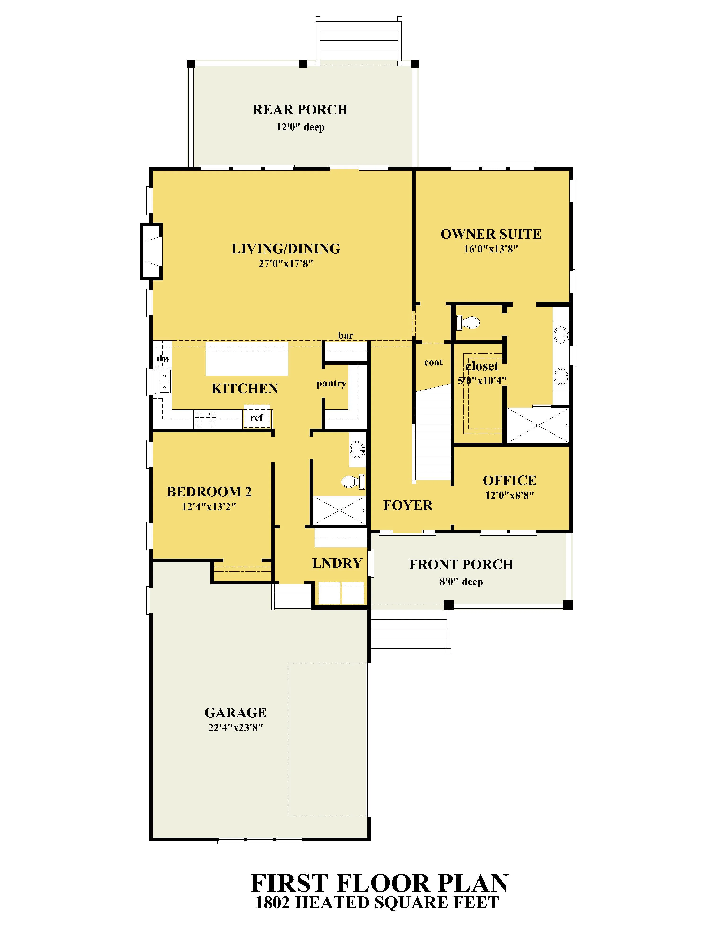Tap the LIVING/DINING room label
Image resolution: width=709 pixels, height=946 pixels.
[286, 249]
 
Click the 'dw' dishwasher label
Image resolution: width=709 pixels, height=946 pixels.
[163, 358]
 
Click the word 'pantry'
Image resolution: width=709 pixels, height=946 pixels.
[331, 384]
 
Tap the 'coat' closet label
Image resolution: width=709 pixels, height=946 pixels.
[433, 362]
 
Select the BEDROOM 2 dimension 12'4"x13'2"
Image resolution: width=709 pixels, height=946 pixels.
[209, 507]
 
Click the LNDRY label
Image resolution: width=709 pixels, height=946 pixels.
[337, 563]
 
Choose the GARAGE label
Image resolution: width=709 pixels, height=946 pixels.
[235, 713]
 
